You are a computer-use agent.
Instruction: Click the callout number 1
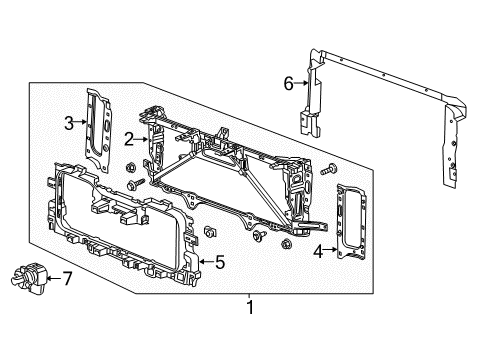(x=250, y=308)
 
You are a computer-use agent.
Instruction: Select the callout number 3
(x=69, y=124)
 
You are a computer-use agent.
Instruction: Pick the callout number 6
(x=287, y=84)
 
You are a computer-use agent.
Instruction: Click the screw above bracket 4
(x=329, y=172)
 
